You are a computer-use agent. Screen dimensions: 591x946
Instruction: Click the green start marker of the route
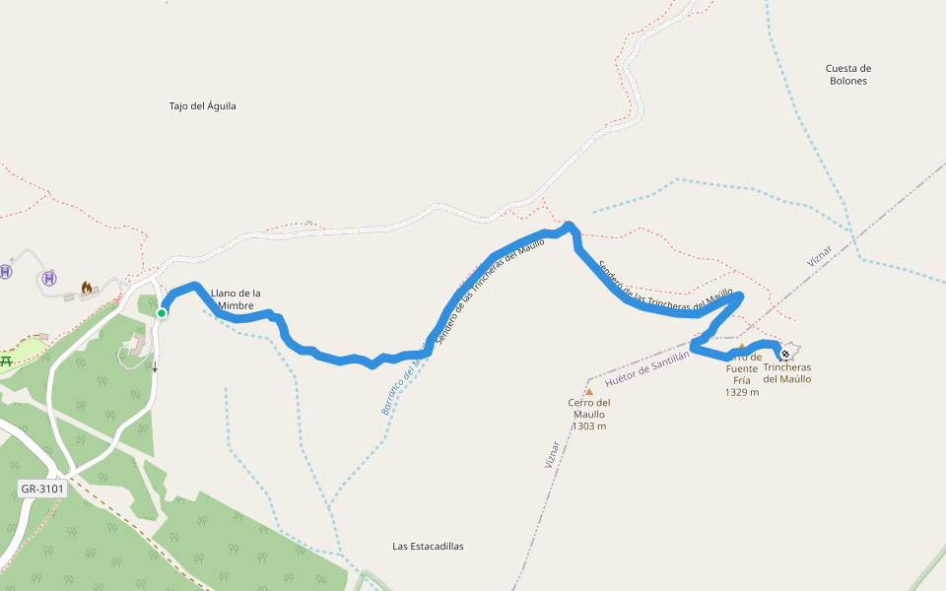click(x=161, y=313)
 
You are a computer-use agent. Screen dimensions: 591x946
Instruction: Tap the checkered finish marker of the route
click(x=785, y=354)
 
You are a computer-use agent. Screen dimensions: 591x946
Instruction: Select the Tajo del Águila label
click(x=203, y=105)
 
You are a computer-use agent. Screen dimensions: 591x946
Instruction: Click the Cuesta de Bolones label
click(x=847, y=74)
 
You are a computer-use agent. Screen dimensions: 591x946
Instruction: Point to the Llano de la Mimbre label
click(x=236, y=299)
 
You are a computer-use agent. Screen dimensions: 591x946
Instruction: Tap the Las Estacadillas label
click(x=428, y=546)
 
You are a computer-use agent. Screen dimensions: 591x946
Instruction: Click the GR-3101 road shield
click(x=42, y=489)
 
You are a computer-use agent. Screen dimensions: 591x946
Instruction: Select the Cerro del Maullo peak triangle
click(x=589, y=391)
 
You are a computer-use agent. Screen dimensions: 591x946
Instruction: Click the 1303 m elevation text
click(x=589, y=426)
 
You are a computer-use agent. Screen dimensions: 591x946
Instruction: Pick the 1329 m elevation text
click(x=742, y=392)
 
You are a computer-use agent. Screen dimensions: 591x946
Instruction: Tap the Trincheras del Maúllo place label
click(x=787, y=372)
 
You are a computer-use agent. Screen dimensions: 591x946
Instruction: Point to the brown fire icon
click(x=87, y=288)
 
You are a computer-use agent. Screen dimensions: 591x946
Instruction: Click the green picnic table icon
click(x=6, y=361)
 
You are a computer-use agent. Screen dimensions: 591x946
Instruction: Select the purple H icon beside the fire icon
click(x=50, y=279)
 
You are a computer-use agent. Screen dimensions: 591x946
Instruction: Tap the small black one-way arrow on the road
click(x=154, y=367)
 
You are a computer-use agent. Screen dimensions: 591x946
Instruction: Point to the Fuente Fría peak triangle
click(x=742, y=347)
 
